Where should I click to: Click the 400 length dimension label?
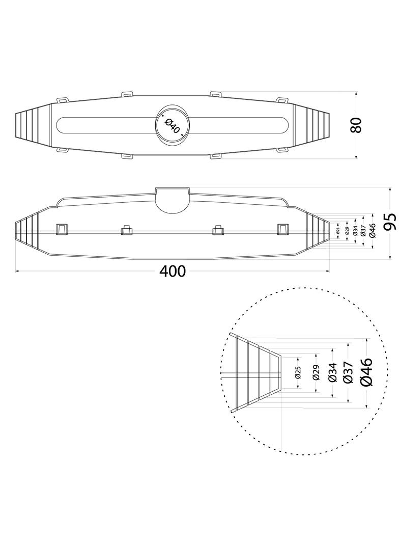(173, 271)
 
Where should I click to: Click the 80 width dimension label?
(356, 125)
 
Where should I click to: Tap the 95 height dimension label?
(390, 222)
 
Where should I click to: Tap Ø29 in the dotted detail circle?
(316, 373)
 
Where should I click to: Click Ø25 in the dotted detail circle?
(298, 373)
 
